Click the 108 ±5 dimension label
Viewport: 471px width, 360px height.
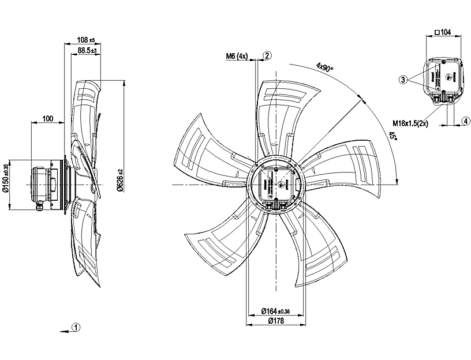pyautogui.click(x=85, y=40)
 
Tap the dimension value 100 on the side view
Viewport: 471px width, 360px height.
pyautogui.click(x=47, y=119)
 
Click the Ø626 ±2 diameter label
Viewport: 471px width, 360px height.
pyautogui.click(x=121, y=180)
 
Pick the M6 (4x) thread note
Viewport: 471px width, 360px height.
pyautogui.click(x=237, y=56)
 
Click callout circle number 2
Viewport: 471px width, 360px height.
pyautogui.click(x=267, y=55)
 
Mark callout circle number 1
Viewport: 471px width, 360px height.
pyautogui.click(x=76, y=327)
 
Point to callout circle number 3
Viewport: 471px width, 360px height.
pyautogui.click(x=403, y=79)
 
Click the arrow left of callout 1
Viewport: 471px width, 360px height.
pyautogui.click(x=62, y=331)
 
